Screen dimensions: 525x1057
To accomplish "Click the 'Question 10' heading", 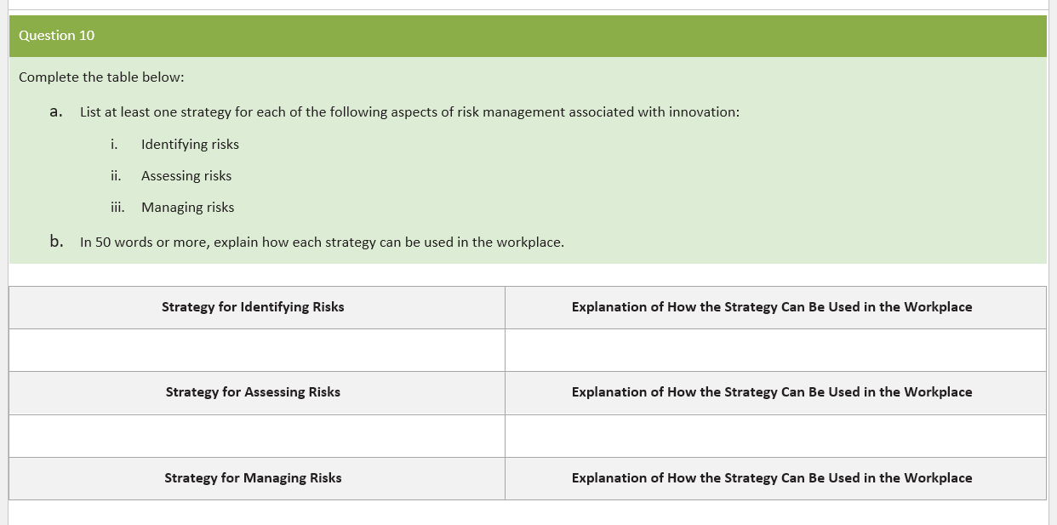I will [57, 36].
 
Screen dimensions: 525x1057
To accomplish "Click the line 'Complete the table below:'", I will [101, 77].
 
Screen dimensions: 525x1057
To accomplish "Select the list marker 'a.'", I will [56, 111].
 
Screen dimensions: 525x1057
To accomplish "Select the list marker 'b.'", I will [56, 242].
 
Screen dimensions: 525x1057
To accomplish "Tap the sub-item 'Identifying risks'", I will [190, 145].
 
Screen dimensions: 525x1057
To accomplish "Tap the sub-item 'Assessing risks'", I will [186, 176].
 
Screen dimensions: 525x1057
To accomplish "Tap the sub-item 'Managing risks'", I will [187, 208].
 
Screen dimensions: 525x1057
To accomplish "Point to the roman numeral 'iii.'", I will [117, 208].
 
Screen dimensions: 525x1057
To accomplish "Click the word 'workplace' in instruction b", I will [528, 243].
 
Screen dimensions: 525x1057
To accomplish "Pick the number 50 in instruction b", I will [103, 243].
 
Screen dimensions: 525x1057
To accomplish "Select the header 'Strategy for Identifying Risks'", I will [253, 307].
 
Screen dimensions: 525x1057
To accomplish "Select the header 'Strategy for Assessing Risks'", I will [253, 392].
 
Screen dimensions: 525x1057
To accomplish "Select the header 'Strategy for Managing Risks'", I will [253, 478].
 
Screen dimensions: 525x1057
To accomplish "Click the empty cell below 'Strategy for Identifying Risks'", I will [256, 350].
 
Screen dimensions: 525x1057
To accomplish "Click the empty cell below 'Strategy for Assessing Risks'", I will [256, 436].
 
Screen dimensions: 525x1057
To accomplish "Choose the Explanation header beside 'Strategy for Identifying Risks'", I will [772, 307].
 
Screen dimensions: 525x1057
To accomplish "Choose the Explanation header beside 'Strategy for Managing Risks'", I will [772, 478].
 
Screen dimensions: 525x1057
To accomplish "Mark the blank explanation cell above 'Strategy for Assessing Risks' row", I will [774, 350].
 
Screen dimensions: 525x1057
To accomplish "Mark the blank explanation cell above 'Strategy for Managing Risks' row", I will [774, 436].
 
